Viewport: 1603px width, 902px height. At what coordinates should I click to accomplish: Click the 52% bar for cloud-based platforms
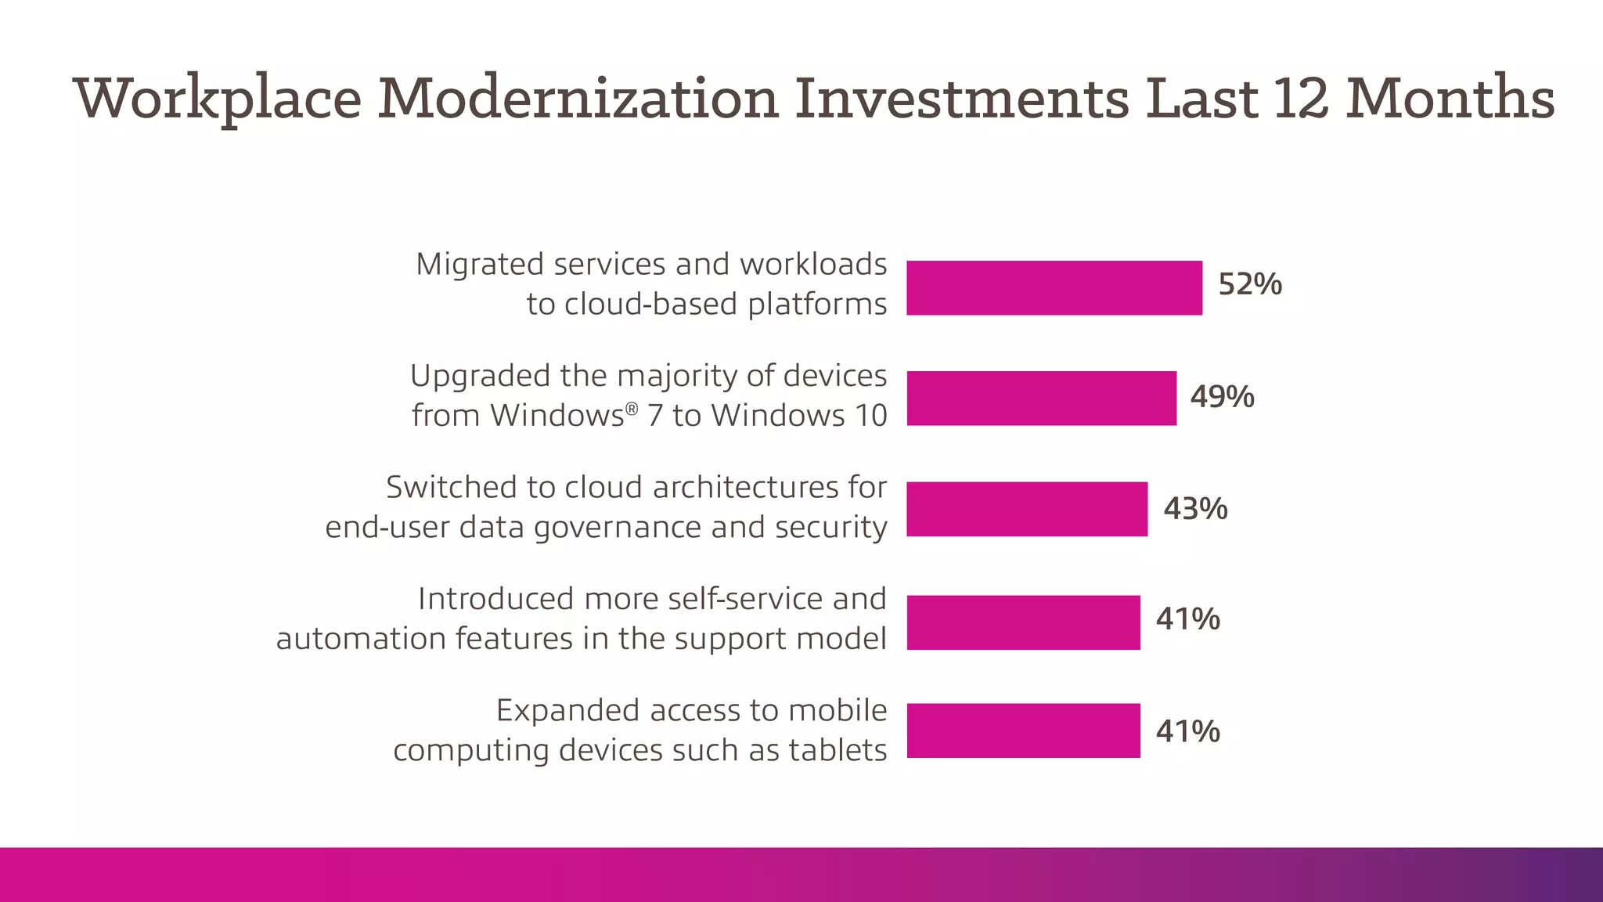tap(1054, 288)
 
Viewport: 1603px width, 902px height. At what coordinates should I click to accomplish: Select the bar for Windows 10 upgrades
tap(1041, 399)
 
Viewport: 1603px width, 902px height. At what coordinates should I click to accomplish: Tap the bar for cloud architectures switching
tap(1026, 509)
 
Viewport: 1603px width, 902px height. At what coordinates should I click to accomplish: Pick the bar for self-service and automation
tap(1023, 622)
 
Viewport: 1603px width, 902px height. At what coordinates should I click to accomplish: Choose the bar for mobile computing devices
tap(1023, 731)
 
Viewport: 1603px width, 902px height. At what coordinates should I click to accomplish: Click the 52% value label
tap(1249, 284)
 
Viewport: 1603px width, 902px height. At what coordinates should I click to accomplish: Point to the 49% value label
tap(1222, 397)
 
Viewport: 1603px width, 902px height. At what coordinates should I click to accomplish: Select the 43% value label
tap(1195, 509)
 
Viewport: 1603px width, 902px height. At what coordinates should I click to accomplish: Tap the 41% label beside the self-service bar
tap(1187, 619)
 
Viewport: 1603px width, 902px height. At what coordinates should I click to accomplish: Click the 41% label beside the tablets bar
tap(1187, 731)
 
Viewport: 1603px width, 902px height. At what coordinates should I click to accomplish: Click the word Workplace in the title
tap(217, 99)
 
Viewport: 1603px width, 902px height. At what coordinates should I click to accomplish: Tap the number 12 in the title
tap(1300, 99)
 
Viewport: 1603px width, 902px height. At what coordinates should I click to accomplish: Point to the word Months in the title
tap(1450, 99)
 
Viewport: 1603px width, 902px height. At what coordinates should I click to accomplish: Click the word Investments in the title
tap(962, 99)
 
